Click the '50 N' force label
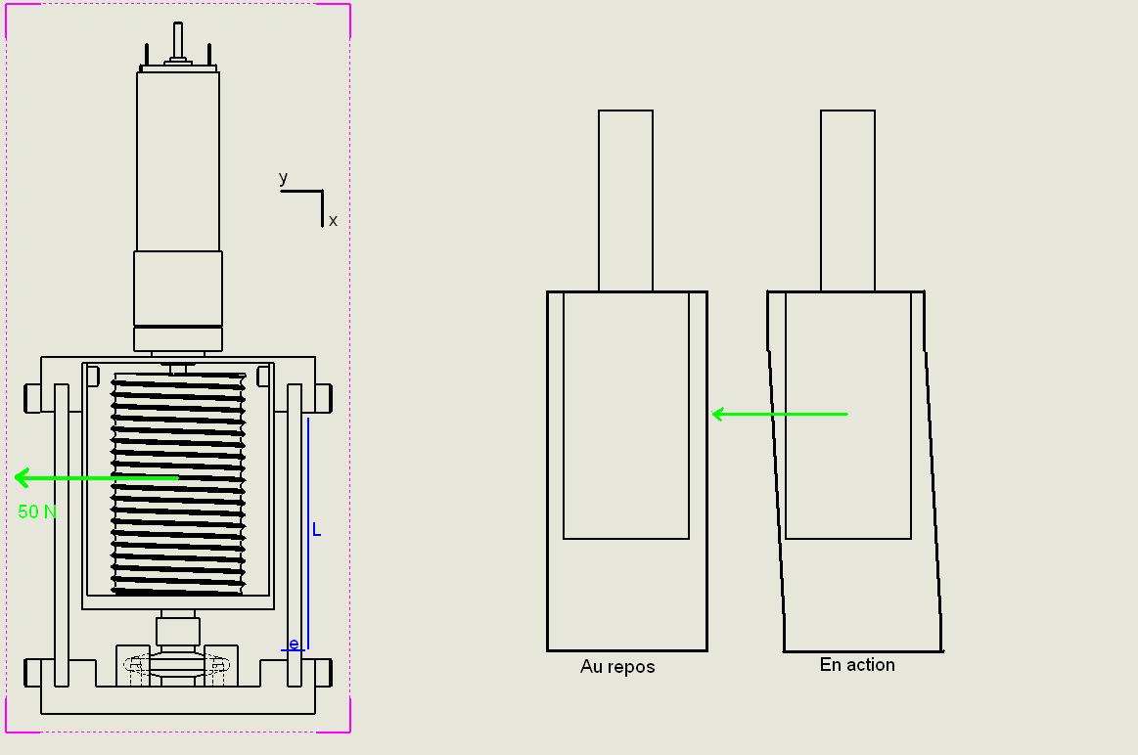[x=37, y=512]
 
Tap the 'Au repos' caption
[x=617, y=667]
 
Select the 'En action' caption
[x=857, y=665]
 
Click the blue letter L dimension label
[x=316, y=530]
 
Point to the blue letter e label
[x=294, y=644]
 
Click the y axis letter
[x=283, y=178]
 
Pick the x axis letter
[x=333, y=220]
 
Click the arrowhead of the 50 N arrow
[x=22, y=477]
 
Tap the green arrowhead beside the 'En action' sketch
[x=718, y=414]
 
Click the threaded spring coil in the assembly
[x=178, y=484]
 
